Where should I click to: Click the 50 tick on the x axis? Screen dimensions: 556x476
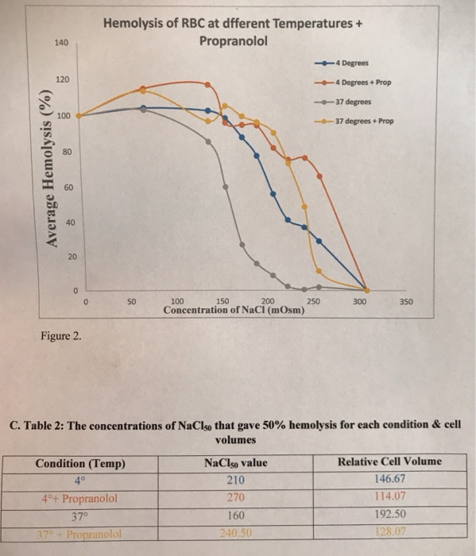[132, 303]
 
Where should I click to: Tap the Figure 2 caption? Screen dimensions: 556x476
[60, 336]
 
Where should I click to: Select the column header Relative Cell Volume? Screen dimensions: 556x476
[389, 461]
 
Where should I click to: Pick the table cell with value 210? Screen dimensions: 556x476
[236, 480]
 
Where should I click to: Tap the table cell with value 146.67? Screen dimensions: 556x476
[389, 479]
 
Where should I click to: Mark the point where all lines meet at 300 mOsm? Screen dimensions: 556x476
[366, 289]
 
